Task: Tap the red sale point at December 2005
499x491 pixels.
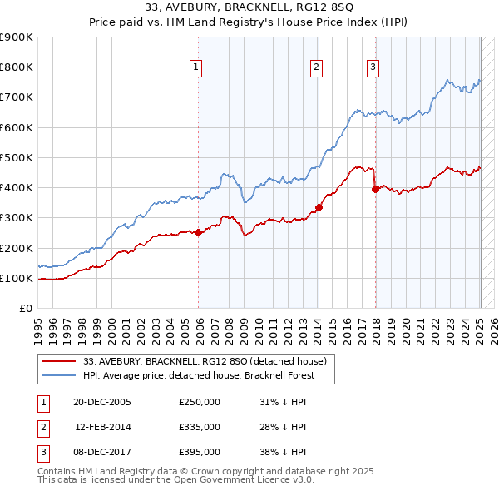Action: click(199, 233)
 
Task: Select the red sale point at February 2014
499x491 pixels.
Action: click(319, 207)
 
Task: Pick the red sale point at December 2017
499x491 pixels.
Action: click(375, 189)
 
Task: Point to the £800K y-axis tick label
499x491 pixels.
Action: click(17, 67)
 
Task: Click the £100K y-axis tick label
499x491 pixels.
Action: click(17, 279)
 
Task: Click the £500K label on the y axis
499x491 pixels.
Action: click(17, 158)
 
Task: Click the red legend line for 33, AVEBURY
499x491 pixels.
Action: click(58, 361)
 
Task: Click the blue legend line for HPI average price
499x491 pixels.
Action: click(58, 375)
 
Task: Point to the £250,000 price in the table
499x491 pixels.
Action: click(200, 402)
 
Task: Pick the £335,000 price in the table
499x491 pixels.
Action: click(200, 427)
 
